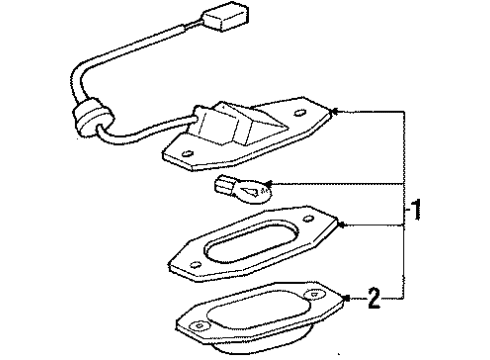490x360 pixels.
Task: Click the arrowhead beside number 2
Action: (345, 296)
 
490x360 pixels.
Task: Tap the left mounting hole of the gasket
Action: (194, 264)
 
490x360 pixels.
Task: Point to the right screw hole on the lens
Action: (314, 297)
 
